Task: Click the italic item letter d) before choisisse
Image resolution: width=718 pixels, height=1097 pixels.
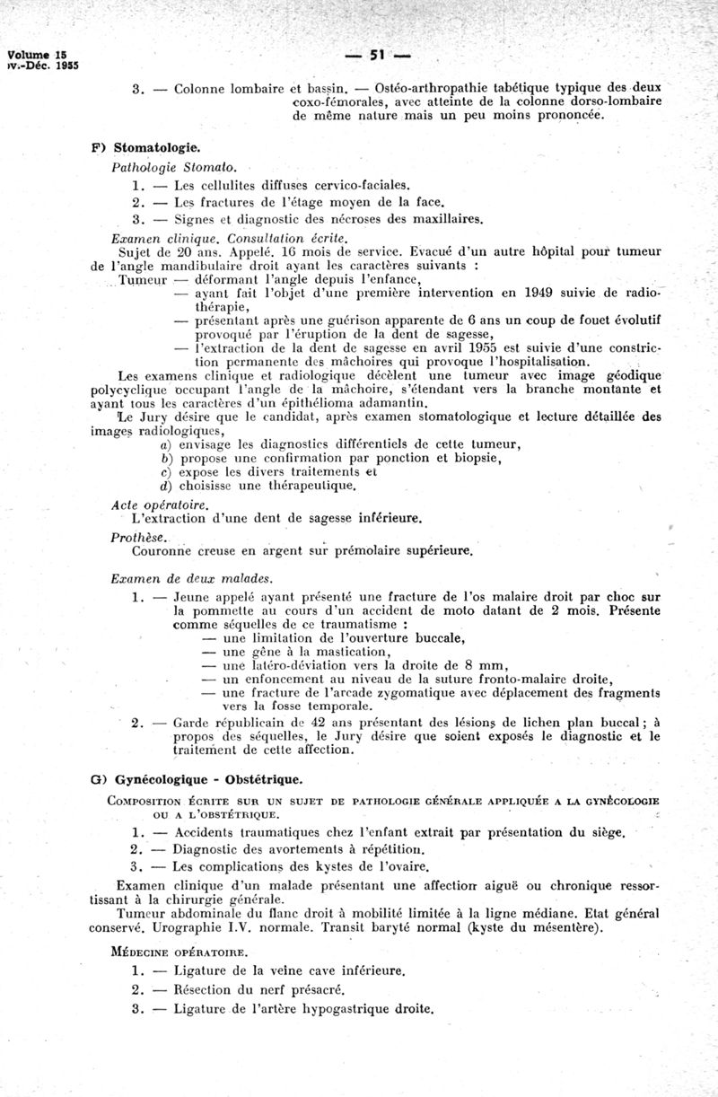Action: [164, 486]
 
